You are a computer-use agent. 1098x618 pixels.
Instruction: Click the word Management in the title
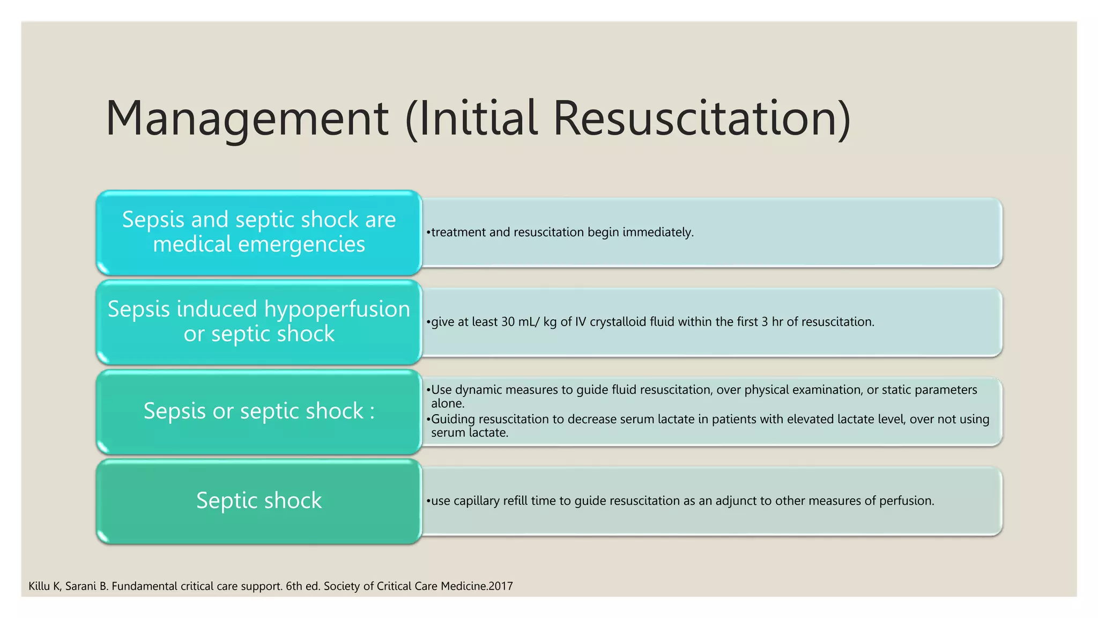(x=247, y=119)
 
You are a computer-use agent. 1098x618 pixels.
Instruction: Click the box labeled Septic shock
(x=259, y=501)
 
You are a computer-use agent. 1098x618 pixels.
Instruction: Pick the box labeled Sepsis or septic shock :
(x=259, y=411)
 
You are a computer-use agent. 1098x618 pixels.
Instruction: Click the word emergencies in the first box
(x=301, y=245)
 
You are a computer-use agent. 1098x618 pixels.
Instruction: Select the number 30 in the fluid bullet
(x=508, y=322)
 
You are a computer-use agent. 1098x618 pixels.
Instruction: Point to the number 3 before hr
(x=765, y=322)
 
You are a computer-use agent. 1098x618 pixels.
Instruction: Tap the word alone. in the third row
(x=448, y=403)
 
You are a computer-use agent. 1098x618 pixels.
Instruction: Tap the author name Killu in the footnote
(x=39, y=586)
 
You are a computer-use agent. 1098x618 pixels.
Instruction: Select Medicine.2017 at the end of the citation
(x=477, y=586)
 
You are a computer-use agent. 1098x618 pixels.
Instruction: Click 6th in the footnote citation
(x=294, y=586)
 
